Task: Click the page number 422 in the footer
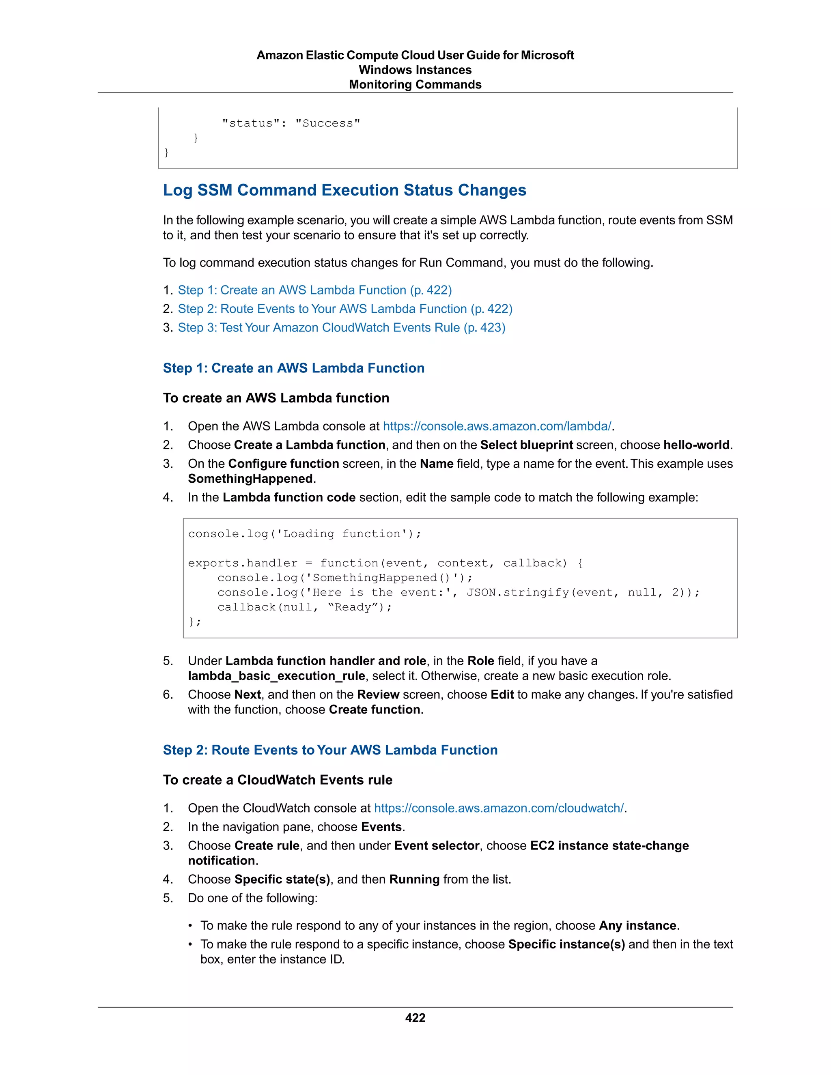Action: pos(415,1017)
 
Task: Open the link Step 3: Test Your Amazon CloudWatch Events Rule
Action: pos(341,327)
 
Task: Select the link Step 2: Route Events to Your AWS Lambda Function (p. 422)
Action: pos(344,309)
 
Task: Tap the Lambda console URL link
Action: pos(497,426)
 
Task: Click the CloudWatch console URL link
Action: pos(499,808)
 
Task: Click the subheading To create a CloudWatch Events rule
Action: pos(278,780)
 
